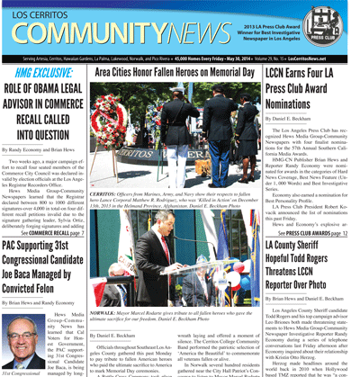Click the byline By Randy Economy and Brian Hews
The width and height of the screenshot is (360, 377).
tap(42, 148)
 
